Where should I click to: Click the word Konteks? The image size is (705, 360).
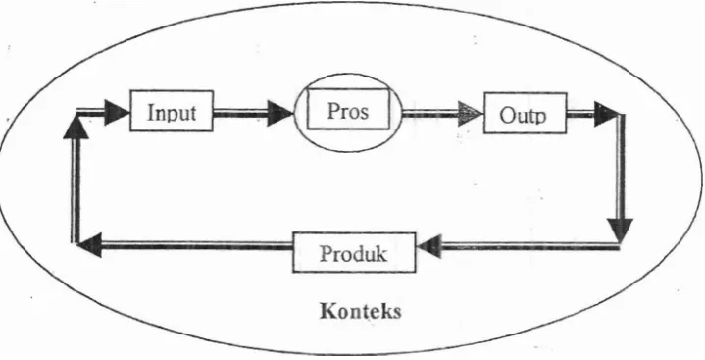coord(361,311)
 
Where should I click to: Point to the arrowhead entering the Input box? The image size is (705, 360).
coord(117,113)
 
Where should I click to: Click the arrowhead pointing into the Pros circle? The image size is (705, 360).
coord(279,113)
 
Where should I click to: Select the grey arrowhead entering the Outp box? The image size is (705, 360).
coord(471,114)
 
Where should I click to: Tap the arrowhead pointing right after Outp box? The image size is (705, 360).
coord(607,115)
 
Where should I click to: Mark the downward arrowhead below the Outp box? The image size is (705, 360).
coord(620,230)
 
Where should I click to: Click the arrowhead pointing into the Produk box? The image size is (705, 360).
coord(428,247)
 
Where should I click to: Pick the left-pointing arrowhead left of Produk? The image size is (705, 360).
coord(89,245)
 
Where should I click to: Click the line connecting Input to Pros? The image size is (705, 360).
coord(240,113)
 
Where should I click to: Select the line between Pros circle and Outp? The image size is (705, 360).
coord(429,114)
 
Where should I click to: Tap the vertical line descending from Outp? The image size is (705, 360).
coord(621,167)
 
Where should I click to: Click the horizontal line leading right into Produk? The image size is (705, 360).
coord(530,246)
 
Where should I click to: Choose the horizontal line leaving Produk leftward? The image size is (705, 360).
coord(197,245)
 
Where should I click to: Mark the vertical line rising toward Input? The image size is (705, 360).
coord(76,191)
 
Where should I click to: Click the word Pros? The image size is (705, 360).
coord(348,110)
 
